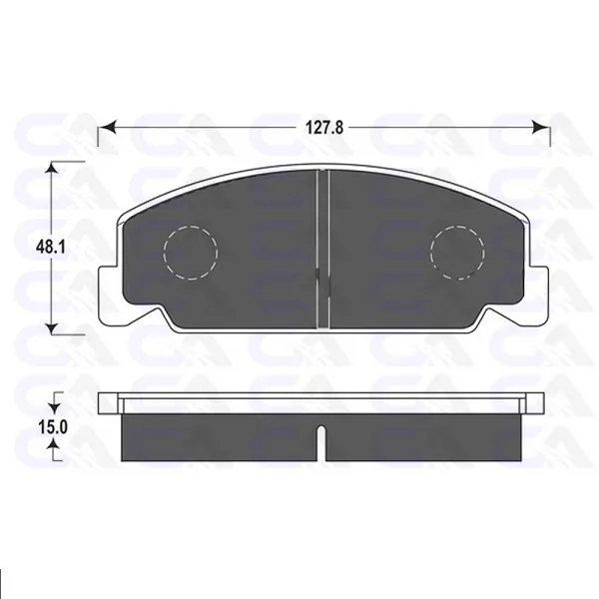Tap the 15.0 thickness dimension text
point(52,426)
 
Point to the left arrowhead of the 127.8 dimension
point(107,127)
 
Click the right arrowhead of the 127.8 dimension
point(541,127)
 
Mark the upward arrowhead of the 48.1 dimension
point(52,169)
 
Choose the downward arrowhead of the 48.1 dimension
point(52,327)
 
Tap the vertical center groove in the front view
point(323,249)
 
